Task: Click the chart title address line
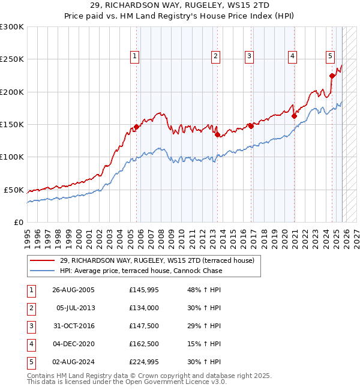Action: [180, 5]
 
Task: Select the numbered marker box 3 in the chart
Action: [248, 56]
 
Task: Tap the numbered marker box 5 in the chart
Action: [331, 56]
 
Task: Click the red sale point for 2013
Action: [217, 135]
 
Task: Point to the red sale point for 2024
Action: [332, 76]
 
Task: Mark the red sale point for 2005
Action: [136, 127]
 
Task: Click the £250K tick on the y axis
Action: [12, 59]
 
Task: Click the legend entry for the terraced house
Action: [157, 260]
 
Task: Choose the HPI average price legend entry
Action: [141, 271]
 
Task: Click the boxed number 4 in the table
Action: [31, 344]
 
